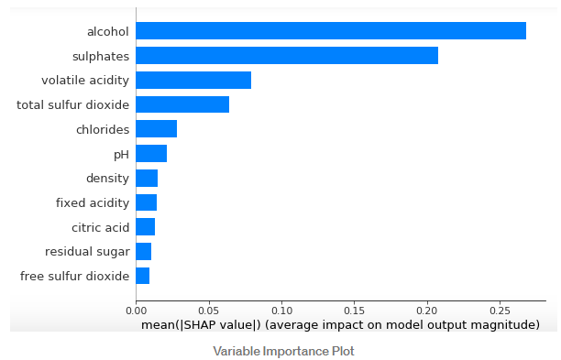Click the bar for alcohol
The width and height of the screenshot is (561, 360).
(x=331, y=31)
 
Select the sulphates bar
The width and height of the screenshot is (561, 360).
(x=287, y=55)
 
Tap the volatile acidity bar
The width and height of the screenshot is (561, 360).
(x=193, y=80)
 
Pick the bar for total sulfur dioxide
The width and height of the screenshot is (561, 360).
(x=182, y=104)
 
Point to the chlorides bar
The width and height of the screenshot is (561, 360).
(x=157, y=128)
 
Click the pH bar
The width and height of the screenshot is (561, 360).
(x=151, y=153)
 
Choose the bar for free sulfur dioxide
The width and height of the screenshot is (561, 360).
(x=143, y=276)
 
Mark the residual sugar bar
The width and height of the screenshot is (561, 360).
(x=144, y=251)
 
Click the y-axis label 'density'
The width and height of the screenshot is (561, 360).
(x=107, y=179)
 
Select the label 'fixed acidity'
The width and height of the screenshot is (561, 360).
(x=93, y=202)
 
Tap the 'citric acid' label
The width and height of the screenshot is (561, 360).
(x=101, y=227)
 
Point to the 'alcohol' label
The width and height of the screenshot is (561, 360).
(x=108, y=31)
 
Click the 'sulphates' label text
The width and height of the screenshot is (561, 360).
(x=101, y=57)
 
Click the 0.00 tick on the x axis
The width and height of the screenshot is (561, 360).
(x=136, y=311)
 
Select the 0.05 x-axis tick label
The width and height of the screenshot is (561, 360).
(x=209, y=311)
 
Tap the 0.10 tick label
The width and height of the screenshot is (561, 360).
(x=282, y=311)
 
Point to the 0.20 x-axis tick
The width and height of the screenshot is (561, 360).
(x=427, y=311)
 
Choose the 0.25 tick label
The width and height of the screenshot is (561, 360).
(x=500, y=311)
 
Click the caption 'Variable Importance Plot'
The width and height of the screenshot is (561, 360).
(x=284, y=351)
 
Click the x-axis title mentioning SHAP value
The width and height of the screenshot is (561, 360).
(x=340, y=325)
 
